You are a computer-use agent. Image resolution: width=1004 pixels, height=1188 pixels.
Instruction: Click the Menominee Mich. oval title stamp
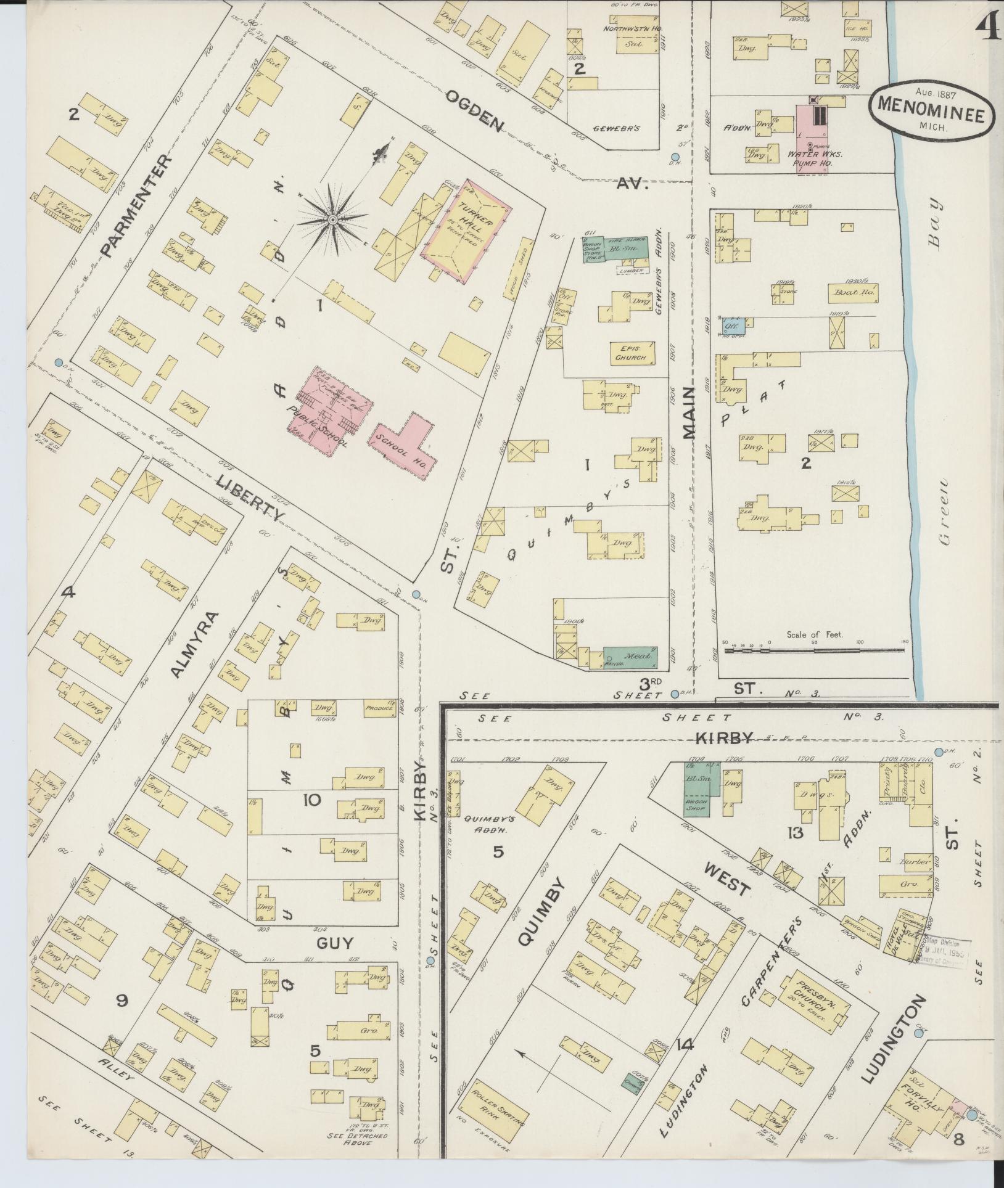point(932,109)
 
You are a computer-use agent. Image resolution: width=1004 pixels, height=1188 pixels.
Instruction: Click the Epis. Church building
point(630,353)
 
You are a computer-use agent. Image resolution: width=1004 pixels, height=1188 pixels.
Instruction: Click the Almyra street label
point(195,644)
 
